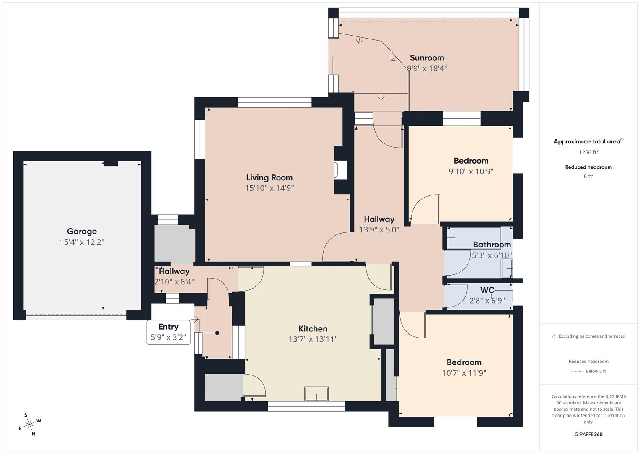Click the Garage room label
point(82,231)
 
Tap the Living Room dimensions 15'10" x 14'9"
point(269,188)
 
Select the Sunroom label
point(427,58)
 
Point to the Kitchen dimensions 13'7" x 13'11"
point(313,339)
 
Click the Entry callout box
point(168,332)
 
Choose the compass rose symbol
point(30,424)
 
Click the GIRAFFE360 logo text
point(588,434)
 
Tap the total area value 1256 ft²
point(588,152)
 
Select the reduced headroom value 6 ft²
point(588,176)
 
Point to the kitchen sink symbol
point(316,394)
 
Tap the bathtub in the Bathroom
point(474,238)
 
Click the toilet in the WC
point(505,296)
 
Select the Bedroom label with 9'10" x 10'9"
point(471,161)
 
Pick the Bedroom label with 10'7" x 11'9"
point(464,362)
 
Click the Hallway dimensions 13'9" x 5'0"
point(379,230)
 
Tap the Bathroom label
point(492,245)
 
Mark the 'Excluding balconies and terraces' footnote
point(588,336)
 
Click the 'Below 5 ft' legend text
point(596,371)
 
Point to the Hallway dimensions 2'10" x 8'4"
point(174,282)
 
